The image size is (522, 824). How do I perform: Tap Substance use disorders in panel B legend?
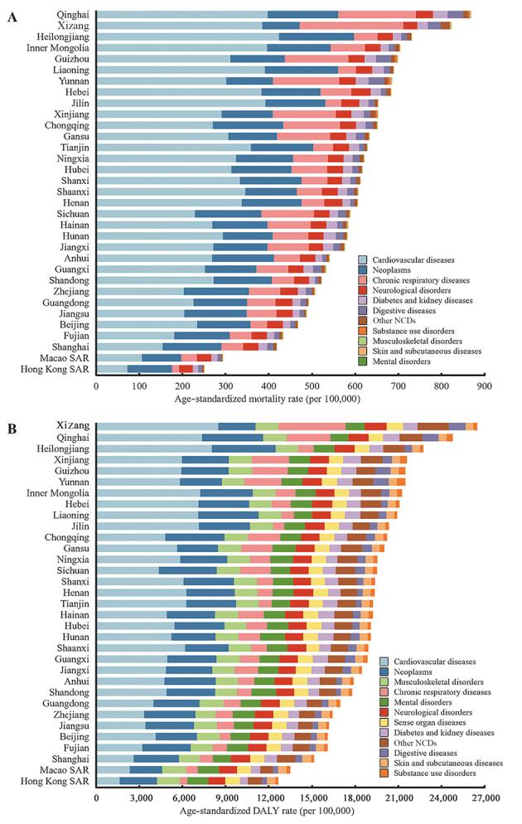click(442, 773)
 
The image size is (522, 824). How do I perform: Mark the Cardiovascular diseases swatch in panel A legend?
click(363, 259)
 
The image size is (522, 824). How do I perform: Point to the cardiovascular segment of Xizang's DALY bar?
click(157, 426)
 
